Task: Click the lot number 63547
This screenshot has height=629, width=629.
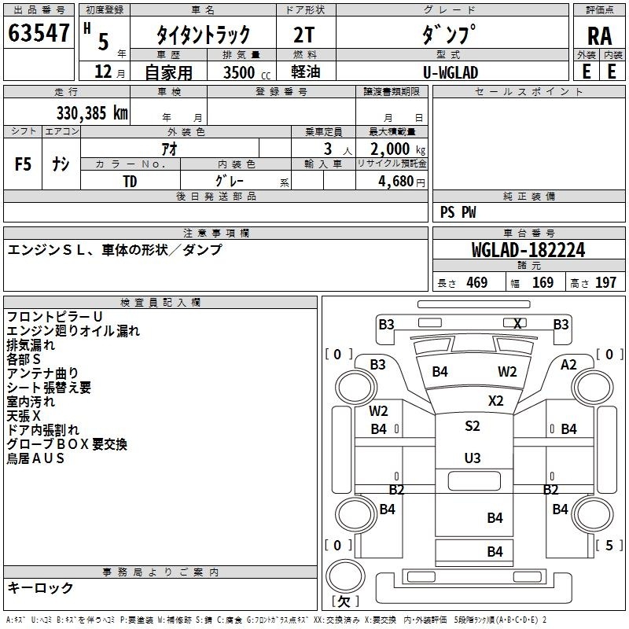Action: (39, 33)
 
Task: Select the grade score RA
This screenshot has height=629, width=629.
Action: (600, 36)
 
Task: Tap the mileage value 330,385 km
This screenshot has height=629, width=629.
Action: (92, 113)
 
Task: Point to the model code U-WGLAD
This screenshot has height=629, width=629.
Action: (451, 72)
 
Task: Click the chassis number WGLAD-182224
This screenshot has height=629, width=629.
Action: (528, 250)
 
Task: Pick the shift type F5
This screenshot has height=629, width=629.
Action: (23, 164)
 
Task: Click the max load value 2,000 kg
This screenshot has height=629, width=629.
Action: (398, 149)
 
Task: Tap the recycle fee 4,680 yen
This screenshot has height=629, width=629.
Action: (402, 182)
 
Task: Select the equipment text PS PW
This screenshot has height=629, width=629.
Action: (458, 212)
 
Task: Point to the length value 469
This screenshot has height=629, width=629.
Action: (477, 282)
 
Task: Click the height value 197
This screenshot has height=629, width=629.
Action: (605, 282)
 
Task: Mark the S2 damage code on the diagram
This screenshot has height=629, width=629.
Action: (473, 425)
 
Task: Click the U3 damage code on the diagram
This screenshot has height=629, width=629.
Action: (473, 458)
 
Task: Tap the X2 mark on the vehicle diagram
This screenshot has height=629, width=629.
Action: (496, 401)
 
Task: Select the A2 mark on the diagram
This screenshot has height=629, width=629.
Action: (568, 365)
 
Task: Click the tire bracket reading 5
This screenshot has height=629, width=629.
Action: (609, 545)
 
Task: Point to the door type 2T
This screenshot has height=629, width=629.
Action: (303, 35)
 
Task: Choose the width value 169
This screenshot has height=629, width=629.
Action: (543, 282)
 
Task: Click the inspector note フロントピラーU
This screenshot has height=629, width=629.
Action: (55, 317)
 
